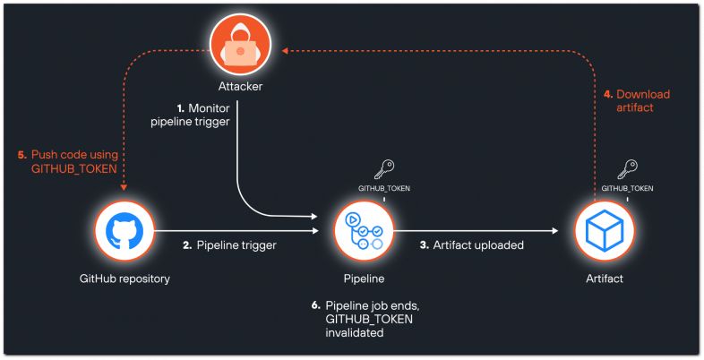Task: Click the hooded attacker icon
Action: pos(240,44)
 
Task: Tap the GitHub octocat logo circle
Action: pos(124,231)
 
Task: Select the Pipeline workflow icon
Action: pos(364,231)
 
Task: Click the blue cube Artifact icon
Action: pos(605,231)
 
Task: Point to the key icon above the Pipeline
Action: pos(384,170)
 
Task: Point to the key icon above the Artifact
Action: pos(627,170)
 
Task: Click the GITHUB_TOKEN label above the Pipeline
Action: pos(384,189)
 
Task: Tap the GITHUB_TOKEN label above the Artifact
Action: pos(627,189)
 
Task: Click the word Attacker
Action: pos(240,86)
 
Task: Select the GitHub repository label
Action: pos(124,279)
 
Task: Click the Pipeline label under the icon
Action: pos(364,279)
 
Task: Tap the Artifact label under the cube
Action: pos(605,279)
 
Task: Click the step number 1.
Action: pos(181,108)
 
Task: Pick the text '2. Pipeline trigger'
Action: pos(229,245)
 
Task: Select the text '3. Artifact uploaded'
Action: pos(471,245)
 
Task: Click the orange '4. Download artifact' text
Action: pos(637,101)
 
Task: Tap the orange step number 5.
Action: pos(22,155)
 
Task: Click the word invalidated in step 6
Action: pos(355,333)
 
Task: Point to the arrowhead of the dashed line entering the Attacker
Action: pos(284,51)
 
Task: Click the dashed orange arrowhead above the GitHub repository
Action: pos(124,188)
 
